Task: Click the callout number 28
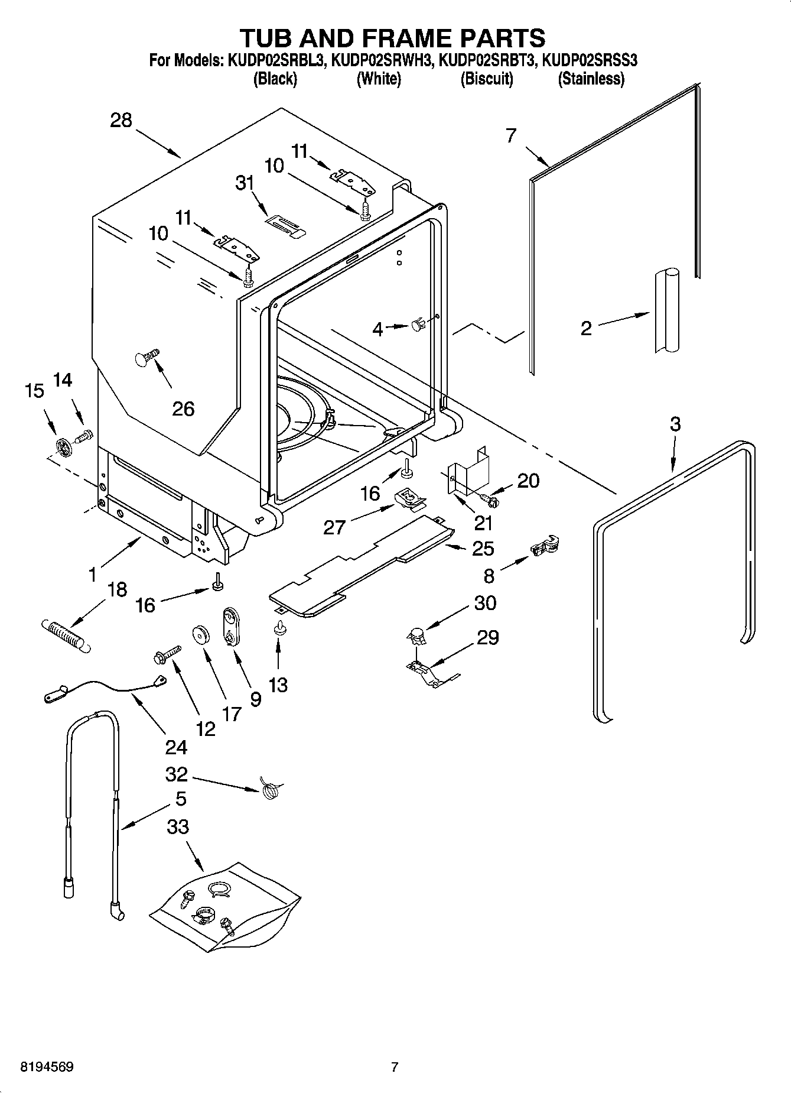(121, 121)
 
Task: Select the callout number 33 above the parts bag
(177, 826)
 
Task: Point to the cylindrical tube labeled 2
(666, 311)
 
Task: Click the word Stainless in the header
(591, 79)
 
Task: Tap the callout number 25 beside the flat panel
(483, 549)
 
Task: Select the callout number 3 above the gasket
(675, 424)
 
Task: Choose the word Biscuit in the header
(486, 79)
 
